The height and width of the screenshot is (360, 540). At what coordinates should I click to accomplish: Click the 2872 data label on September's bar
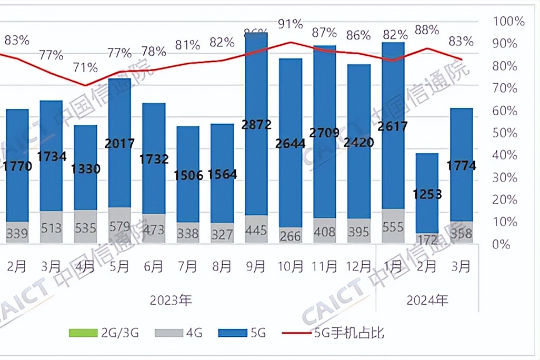[x=256, y=125]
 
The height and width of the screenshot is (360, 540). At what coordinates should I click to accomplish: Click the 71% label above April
[x=85, y=67]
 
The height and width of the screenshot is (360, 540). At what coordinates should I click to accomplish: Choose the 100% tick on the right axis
[x=508, y=22]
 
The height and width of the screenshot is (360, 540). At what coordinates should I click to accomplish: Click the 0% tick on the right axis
[x=503, y=244]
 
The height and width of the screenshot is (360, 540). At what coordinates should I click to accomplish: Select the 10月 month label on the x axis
[x=290, y=267]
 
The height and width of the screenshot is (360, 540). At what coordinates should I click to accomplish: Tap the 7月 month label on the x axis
[x=187, y=267]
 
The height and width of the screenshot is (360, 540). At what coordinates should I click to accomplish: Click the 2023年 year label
[x=171, y=301]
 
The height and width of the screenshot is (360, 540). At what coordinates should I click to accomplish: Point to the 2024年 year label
[x=427, y=301]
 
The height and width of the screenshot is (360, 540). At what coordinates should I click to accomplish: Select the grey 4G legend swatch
[x=168, y=333]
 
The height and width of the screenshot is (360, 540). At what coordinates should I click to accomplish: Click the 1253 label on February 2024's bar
[x=427, y=194]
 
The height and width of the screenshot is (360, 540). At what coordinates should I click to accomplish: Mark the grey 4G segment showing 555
[x=393, y=227]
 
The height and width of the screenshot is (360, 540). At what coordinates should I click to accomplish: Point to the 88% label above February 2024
[x=427, y=30]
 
